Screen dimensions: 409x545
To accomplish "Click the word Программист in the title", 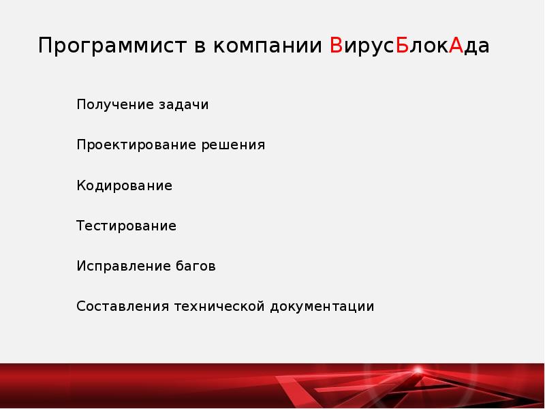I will (x=112, y=47).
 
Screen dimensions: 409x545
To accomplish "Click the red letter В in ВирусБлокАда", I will (x=335, y=46).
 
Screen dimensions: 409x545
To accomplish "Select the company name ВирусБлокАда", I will (x=409, y=47).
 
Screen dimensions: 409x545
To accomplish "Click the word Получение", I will (x=115, y=105).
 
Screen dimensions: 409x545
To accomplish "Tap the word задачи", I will (x=183, y=105).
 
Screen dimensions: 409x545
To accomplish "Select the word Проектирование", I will (x=136, y=145).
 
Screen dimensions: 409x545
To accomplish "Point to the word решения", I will (x=232, y=145).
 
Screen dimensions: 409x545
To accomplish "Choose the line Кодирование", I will (x=124, y=185).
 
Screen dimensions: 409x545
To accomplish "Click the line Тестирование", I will (x=126, y=226).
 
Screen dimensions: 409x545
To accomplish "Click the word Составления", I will (x=122, y=306).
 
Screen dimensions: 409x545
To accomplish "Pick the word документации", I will (x=322, y=306).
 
